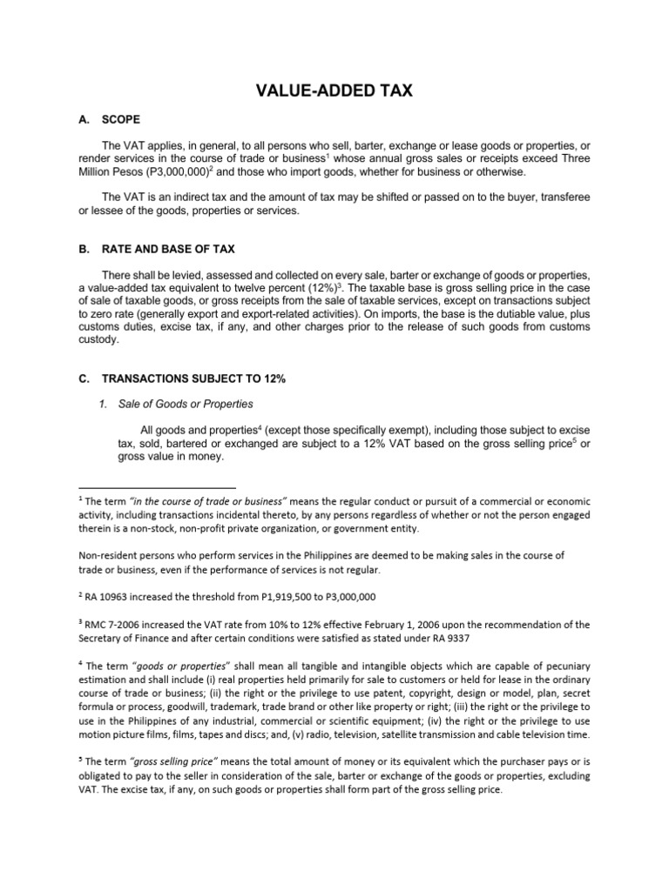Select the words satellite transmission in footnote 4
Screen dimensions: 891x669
(441, 734)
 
